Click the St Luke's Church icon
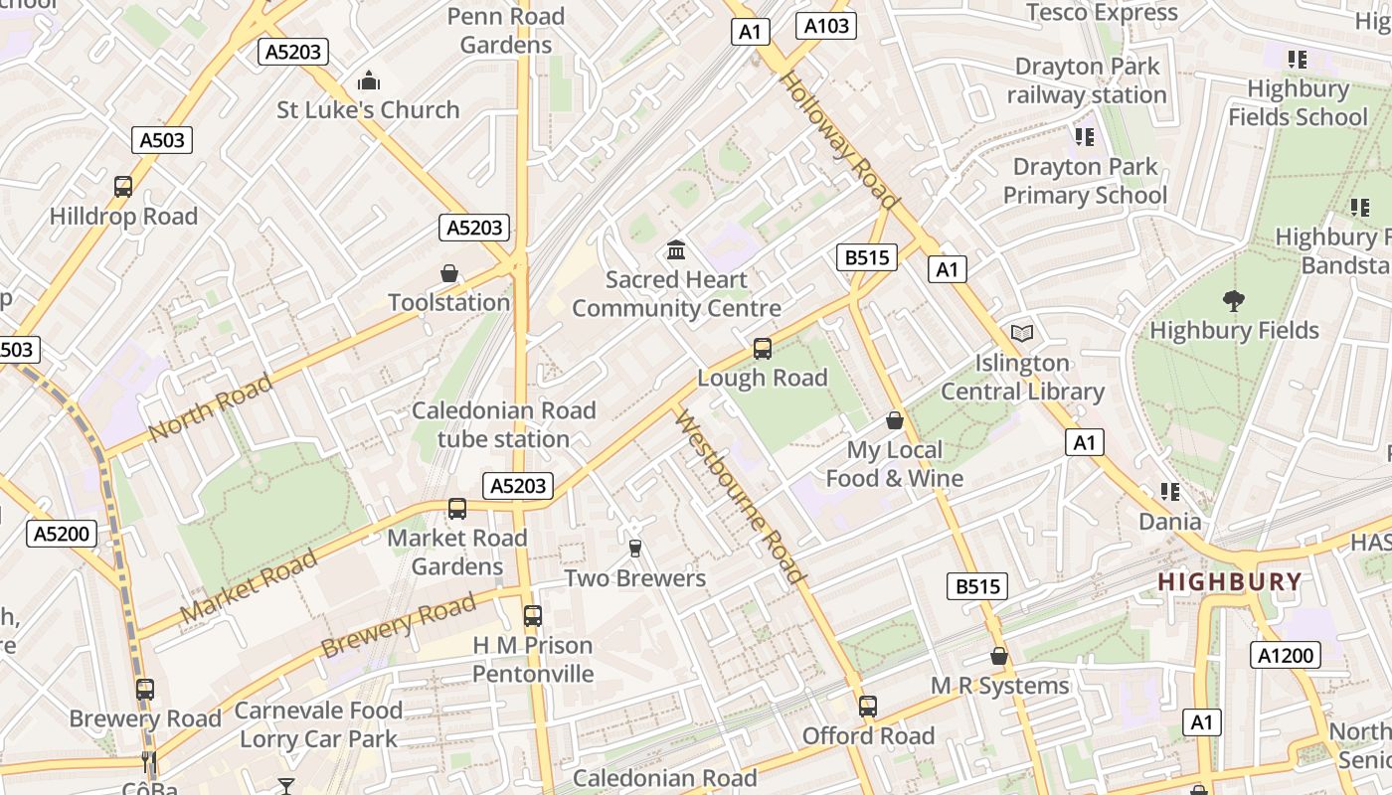click(x=369, y=79)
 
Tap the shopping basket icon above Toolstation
click(x=449, y=272)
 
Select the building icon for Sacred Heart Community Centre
click(x=676, y=249)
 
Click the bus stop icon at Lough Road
click(x=763, y=349)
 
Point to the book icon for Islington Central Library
click(x=1022, y=333)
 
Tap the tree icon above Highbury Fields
click(x=1234, y=300)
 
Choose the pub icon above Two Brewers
click(x=635, y=548)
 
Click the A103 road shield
click(x=826, y=26)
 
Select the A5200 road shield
click(x=62, y=534)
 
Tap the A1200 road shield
click(x=1286, y=655)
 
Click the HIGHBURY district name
click(x=1230, y=582)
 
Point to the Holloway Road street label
click(x=838, y=139)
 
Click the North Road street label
click(x=210, y=408)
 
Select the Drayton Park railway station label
click(x=1087, y=80)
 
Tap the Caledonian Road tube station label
click(x=504, y=424)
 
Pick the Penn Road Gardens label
click(x=506, y=31)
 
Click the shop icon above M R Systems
click(x=999, y=656)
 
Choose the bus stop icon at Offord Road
click(x=868, y=707)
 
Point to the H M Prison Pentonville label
click(x=533, y=660)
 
